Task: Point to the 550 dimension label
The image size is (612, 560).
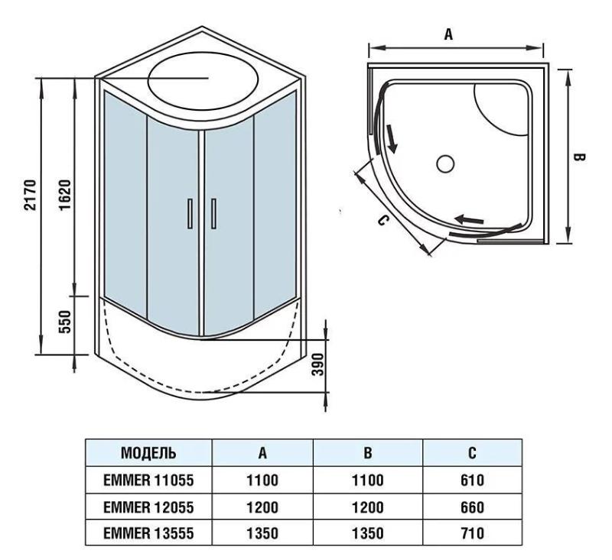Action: point(64,323)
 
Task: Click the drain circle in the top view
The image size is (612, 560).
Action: point(445,163)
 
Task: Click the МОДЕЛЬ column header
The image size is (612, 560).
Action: point(148,453)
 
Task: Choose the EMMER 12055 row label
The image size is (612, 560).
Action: point(148,507)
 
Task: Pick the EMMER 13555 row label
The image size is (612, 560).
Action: point(148,532)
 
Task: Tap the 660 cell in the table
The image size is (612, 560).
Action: point(473,507)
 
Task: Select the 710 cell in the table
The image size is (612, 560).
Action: point(473,532)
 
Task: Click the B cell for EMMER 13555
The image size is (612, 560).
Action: point(368,532)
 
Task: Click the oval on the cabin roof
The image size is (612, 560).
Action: point(201,79)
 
